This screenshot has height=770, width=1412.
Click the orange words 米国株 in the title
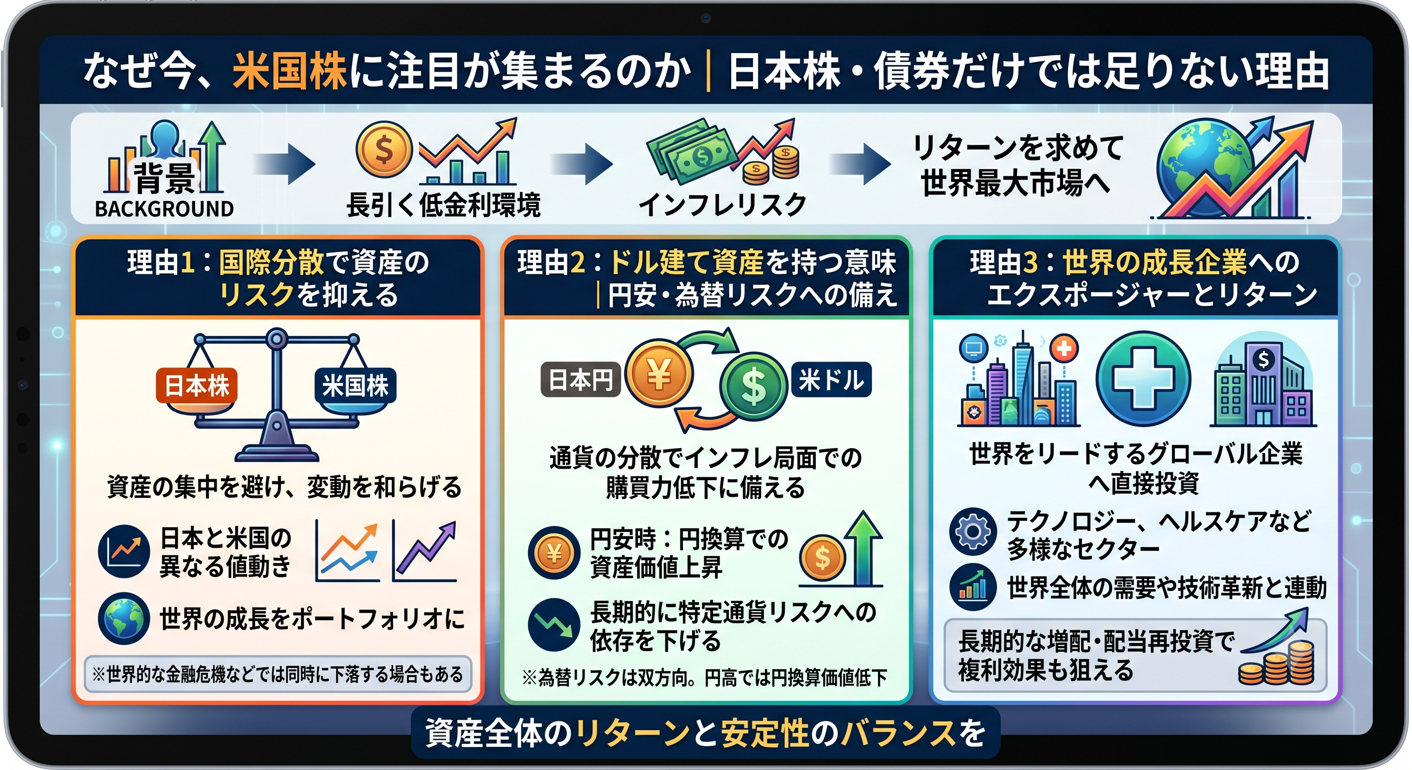(x=289, y=71)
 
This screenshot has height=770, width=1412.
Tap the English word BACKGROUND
(x=164, y=209)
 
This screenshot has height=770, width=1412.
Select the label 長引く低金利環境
(x=443, y=205)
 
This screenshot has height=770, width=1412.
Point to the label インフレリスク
(x=723, y=205)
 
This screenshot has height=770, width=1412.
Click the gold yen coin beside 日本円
(x=659, y=374)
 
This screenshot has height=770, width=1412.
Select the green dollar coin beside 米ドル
(x=754, y=386)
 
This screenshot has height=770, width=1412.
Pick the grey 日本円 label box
(x=581, y=379)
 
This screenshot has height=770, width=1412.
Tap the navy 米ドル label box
(x=831, y=379)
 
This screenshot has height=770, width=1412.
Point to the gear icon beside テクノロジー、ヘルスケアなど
(x=973, y=531)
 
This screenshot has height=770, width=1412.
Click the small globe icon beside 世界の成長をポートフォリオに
(x=124, y=619)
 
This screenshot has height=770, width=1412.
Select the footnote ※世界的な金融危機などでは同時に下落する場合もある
(x=278, y=674)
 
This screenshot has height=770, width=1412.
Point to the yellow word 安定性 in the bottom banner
(x=765, y=733)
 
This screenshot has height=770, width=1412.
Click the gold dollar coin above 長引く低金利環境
(x=384, y=149)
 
